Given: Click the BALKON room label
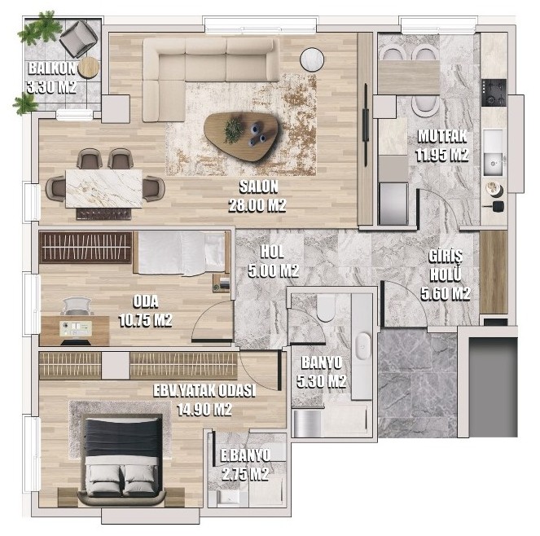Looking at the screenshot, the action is point(51,68).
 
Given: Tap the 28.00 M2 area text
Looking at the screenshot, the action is point(257,205).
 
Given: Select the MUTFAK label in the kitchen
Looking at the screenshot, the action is point(442,136).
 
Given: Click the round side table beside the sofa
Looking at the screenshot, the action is point(312,59).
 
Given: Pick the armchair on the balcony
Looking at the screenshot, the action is point(78,38).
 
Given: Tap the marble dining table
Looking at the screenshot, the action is point(103,188).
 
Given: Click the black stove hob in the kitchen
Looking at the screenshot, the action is point(494,92).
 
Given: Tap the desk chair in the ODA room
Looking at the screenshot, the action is point(77,306).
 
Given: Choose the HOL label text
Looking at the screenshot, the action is point(272,253).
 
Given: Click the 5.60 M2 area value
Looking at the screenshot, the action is point(446,294).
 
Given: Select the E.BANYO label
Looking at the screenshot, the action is point(245,455).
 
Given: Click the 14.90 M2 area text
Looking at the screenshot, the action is point(204,410).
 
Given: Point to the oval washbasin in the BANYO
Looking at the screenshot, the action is point(363,345).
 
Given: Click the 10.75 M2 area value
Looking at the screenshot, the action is point(145,321).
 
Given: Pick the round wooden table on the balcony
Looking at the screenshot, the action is point(89,68).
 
